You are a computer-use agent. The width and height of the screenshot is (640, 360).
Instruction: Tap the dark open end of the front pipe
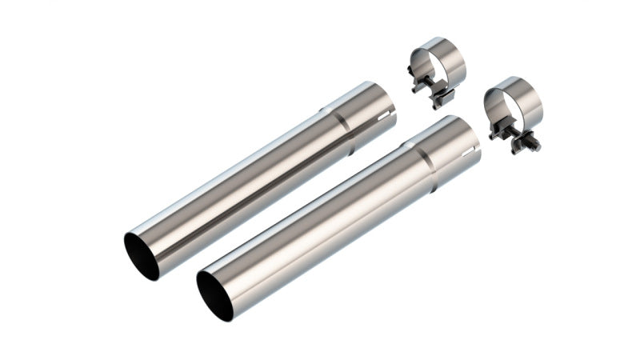(214, 296)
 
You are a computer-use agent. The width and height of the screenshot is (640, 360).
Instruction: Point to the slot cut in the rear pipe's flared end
(388, 120)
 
